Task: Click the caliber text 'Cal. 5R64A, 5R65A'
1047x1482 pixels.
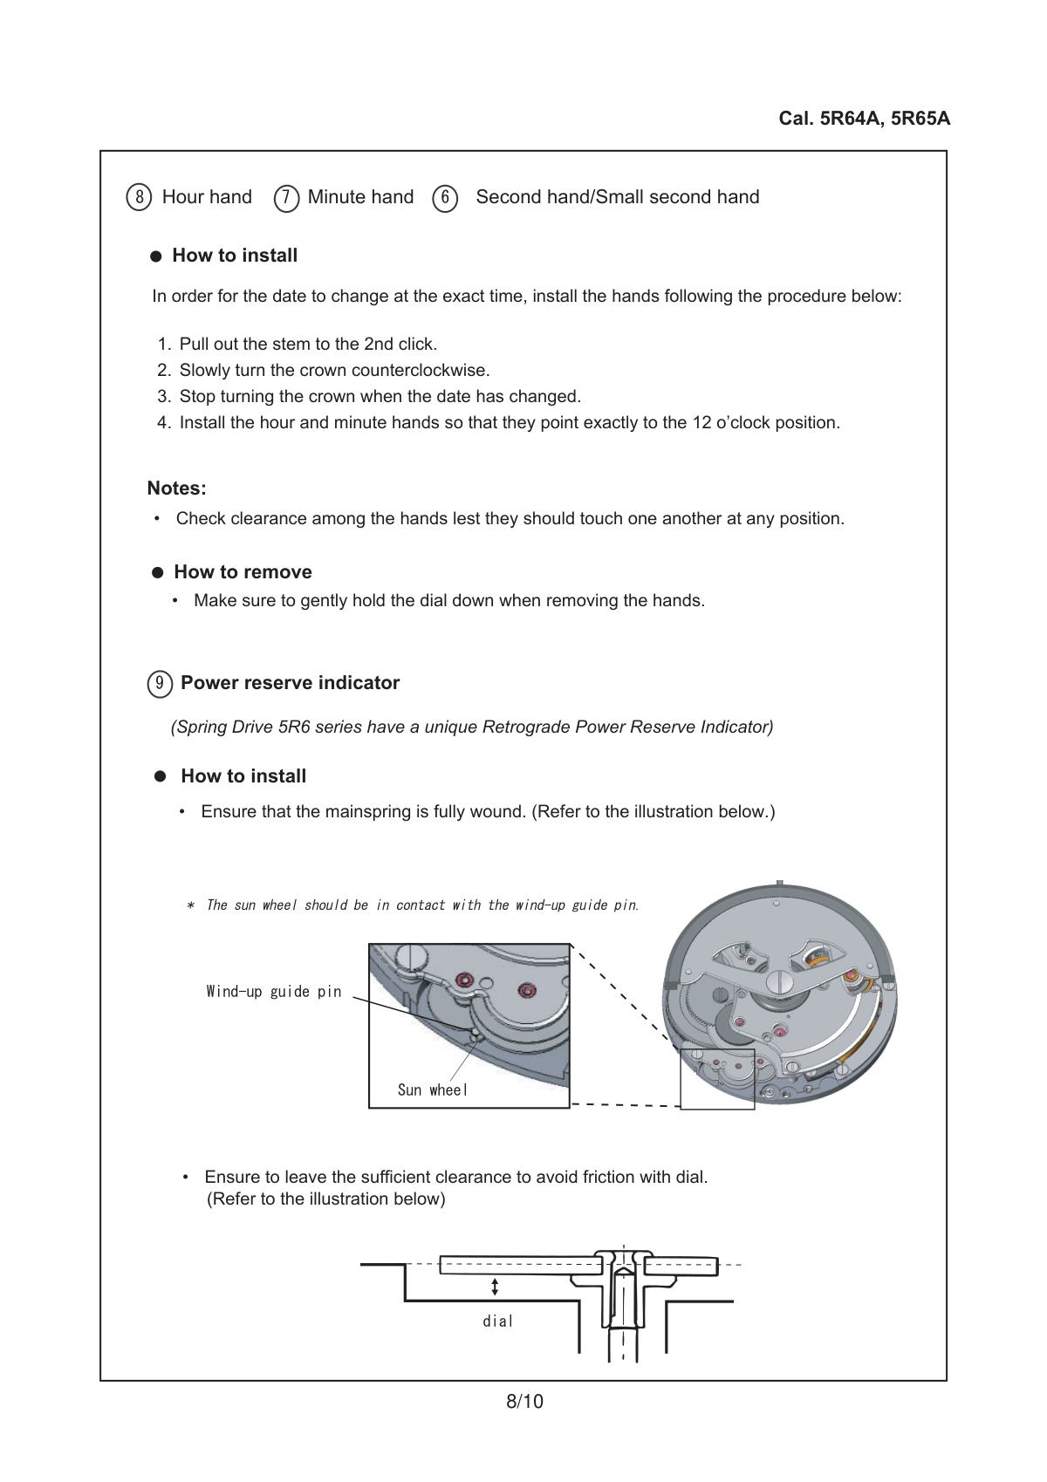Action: [864, 119]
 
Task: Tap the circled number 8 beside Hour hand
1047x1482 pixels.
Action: [139, 197]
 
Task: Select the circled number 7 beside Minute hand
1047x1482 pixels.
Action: [286, 198]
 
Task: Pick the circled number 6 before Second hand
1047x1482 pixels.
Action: [445, 198]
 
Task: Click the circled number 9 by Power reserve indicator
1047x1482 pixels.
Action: [159, 684]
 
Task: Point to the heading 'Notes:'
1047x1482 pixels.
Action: [176, 488]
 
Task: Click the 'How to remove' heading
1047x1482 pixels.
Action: [243, 572]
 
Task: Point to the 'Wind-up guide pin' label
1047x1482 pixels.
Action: [274, 991]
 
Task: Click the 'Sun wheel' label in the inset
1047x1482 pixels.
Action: [433, 1089]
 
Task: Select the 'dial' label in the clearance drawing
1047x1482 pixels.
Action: [498, 1322]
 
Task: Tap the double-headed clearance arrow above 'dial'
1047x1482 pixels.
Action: [496, 1287]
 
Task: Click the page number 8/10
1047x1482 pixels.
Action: [524, 1402]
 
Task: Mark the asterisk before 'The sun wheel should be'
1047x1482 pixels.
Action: [190, 905]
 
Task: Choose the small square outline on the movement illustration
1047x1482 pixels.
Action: [717, 1078]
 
